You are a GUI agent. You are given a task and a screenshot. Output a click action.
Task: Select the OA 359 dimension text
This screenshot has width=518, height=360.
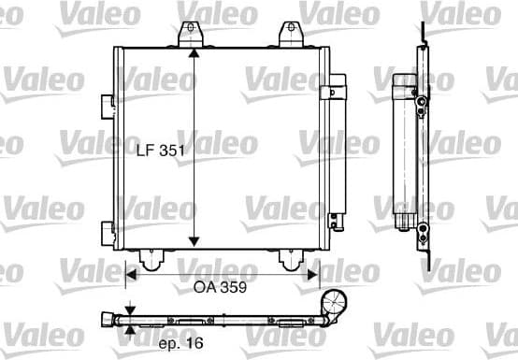(220, 289)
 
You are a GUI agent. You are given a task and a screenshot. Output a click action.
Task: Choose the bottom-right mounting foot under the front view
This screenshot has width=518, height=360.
(291, 257)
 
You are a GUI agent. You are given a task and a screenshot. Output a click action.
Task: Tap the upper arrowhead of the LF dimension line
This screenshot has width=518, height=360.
(193, 53)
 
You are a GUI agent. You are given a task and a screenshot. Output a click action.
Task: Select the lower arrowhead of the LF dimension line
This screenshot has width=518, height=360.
(193, 242)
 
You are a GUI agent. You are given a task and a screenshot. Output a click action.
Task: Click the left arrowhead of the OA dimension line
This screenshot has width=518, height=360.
(132, 274)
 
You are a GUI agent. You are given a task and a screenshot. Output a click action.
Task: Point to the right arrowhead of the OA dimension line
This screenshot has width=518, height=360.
(312, 274)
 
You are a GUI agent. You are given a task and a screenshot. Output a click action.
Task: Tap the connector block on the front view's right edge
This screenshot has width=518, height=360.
(329, 91)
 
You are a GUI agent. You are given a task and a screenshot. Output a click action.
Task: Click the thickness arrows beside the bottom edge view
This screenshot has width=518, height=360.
(131, 318)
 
